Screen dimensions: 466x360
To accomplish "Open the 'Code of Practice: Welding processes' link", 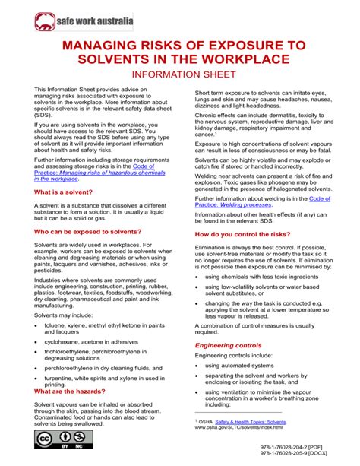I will click(235, 204).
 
